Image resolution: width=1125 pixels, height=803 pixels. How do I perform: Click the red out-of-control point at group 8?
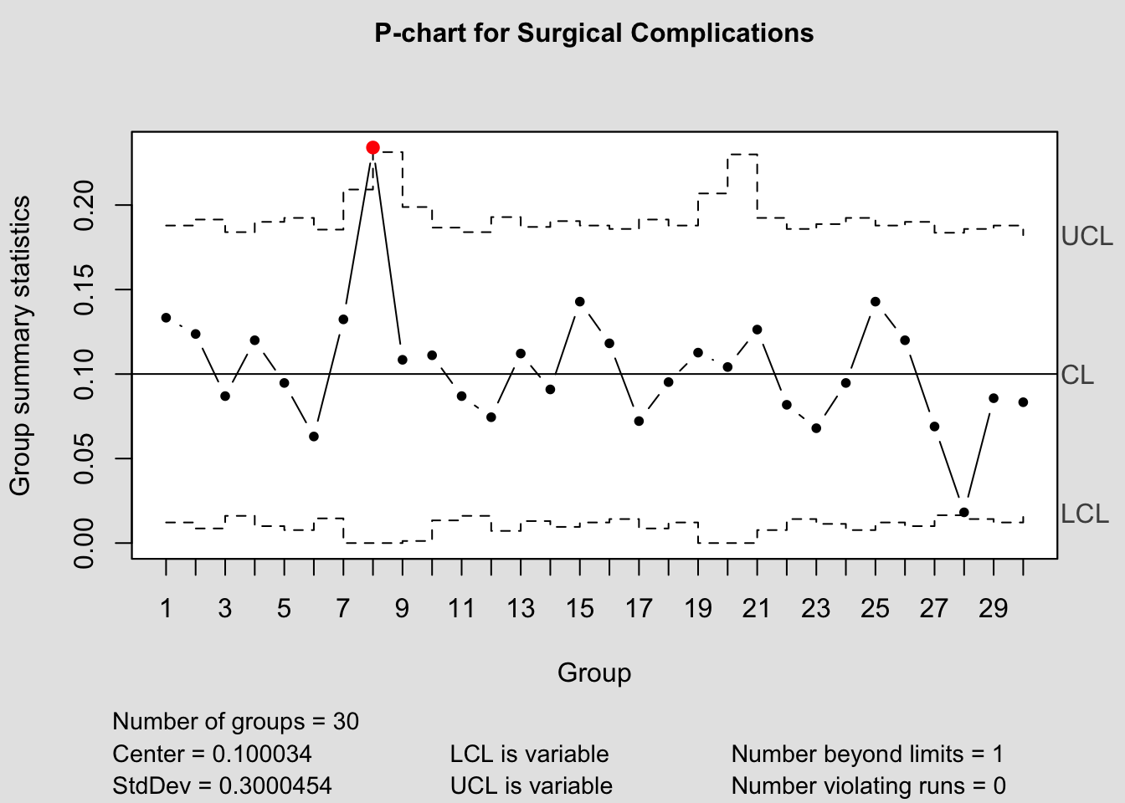pos(372,147)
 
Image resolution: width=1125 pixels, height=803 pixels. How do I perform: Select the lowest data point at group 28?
pos(963,512)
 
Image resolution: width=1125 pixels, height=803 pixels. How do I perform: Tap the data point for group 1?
pos(166,318)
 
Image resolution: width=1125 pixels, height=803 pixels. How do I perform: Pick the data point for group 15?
pos(579,301)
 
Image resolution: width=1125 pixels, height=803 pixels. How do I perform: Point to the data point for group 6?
pos(314,437)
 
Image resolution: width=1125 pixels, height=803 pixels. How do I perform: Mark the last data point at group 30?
pos(1023,402)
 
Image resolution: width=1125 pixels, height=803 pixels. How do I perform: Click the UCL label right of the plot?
pos(1086,237)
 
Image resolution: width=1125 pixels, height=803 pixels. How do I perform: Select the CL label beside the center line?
pos(1077,376)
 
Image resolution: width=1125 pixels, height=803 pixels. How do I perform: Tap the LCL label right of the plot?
pos(1085,514)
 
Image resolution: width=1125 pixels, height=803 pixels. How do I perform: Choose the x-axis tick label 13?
pos(520,608)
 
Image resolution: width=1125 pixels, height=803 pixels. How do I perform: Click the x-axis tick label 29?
pos(993,608)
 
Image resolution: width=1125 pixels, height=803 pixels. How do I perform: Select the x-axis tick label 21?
pos(757,608)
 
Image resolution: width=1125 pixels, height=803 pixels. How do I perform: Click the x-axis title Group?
pos(594,673)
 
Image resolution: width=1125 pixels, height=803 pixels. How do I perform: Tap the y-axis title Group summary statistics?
pos(20,345)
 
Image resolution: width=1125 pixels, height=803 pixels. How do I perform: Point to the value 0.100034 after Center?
pos(262,754)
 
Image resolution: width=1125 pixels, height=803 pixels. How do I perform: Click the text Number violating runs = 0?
pos(868,786)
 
